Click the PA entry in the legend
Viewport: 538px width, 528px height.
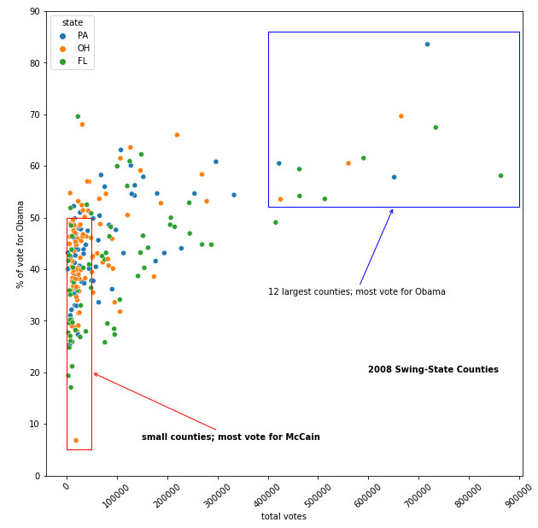[82, 36]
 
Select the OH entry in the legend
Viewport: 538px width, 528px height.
[82, 49]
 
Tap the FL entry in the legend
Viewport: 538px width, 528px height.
[82, 62]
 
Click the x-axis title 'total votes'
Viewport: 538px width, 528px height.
[284, 517]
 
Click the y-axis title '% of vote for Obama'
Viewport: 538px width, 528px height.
[20, 243]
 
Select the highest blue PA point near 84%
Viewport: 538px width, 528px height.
[427, 44]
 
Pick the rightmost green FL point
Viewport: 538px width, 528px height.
[500, 176]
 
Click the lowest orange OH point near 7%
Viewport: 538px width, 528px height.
[76, 441]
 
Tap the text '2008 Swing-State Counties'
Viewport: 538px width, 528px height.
[433, 370]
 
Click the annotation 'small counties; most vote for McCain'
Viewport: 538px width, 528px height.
[231, 437]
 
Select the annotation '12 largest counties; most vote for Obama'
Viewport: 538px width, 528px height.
[356, 292]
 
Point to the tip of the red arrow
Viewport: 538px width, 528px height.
[93, 373]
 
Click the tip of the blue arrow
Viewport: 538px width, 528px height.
[393, 209]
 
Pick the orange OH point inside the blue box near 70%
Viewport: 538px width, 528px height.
[401, 116]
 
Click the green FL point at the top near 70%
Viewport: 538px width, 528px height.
[78, 116]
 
